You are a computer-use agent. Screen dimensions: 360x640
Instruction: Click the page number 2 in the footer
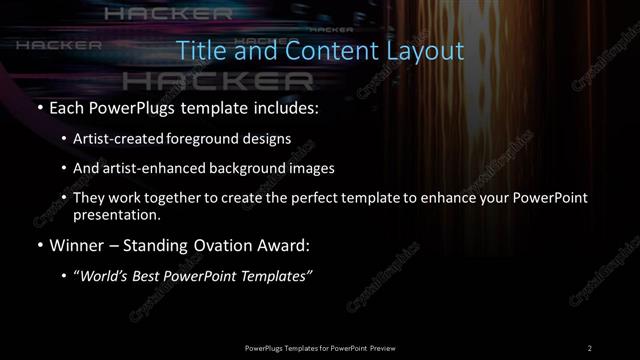[x=590, y=347]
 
